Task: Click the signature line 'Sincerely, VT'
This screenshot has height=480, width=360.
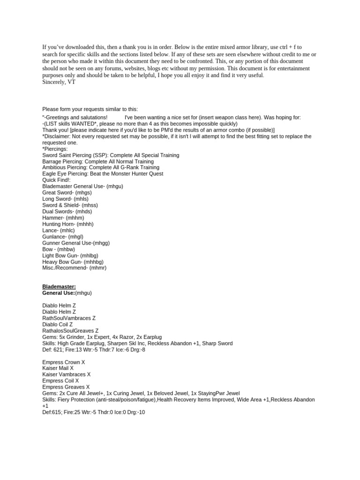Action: point(59,82)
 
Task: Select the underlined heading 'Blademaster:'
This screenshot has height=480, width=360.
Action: point(59,286)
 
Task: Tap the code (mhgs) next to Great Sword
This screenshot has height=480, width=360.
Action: point(84,192)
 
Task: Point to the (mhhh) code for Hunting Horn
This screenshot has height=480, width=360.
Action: point(85,224)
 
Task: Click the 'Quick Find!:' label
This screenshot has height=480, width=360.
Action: point(57,180)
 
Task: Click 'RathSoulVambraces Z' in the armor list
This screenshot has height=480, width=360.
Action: point(69,318)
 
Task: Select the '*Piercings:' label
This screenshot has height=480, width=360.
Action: point(55,149)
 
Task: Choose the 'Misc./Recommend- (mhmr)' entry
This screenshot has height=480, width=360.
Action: point(75,268)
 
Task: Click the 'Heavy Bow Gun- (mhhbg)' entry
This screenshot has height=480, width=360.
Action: point(73,262)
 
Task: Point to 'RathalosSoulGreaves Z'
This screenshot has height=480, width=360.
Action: point(70,330)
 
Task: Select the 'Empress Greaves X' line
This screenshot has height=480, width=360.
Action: point(66,387)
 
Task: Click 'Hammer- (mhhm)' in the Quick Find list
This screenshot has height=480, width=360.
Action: point(64,217)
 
